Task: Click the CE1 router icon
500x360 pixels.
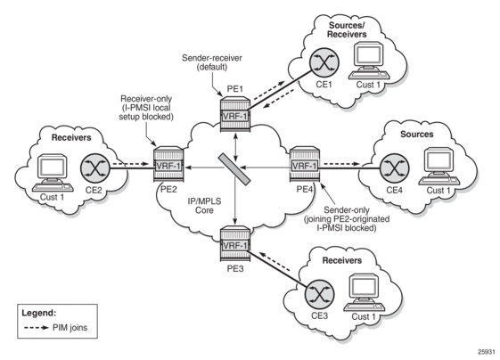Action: (324, 62)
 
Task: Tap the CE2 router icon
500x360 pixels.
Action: (95, 168)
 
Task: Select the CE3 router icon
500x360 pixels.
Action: (319, 294)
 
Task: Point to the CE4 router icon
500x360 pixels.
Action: (395, 168)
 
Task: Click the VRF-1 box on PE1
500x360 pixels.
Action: (235, 117)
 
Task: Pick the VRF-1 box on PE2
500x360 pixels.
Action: (168, 166)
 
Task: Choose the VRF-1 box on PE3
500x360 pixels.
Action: (235, 246)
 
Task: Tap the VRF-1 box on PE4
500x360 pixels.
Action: (305, 166)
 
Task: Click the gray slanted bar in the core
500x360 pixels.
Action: (234, 169)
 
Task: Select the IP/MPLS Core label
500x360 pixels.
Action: (204, 206)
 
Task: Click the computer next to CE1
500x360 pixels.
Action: (369, 61)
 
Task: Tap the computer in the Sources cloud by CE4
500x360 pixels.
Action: (439, 166)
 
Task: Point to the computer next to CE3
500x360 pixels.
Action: (365, 292)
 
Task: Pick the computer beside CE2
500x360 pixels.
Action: (53, 173)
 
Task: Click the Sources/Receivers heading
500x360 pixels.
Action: (347, 29)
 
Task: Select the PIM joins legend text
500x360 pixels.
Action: (70, 328)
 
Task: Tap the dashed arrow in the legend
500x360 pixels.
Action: (37, 328)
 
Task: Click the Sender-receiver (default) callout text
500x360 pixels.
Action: (212, 62)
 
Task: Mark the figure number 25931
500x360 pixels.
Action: (487, 352)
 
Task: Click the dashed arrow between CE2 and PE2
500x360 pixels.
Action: (131, 164)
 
